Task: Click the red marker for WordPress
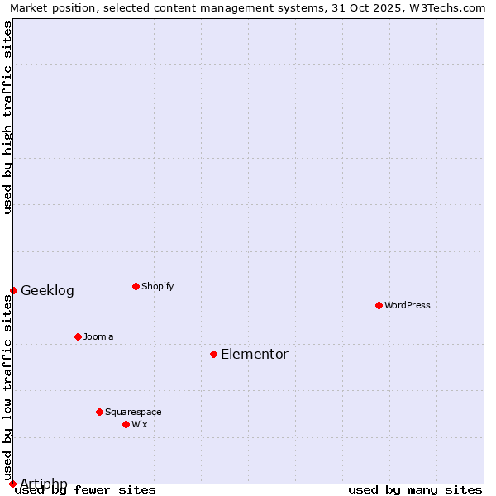(x=379, y=305)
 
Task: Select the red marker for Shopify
(x=136, y=286)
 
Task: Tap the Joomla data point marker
(x=78, y=336)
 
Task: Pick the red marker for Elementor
(x=213, y=354)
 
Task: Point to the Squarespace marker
(x=99, y=412)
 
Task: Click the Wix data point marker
(x=126, y=424)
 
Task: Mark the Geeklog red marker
(x=13, y=290)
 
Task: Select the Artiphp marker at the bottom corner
(x=12, y=484)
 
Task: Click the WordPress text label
(x=408, y=305)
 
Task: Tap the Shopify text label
(x=158, y=286)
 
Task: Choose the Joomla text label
(x=98, y=336)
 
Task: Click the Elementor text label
(x=255, y=355)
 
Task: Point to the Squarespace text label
(x=133, y=412)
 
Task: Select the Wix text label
(x=140, y=424)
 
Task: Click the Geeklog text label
(x=47, y=291)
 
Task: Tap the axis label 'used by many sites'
(x=415, y=489)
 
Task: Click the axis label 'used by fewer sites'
(x=86, y=489)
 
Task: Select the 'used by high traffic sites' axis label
(x=7, y=118)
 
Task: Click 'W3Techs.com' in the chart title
(x=448, y=7)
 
